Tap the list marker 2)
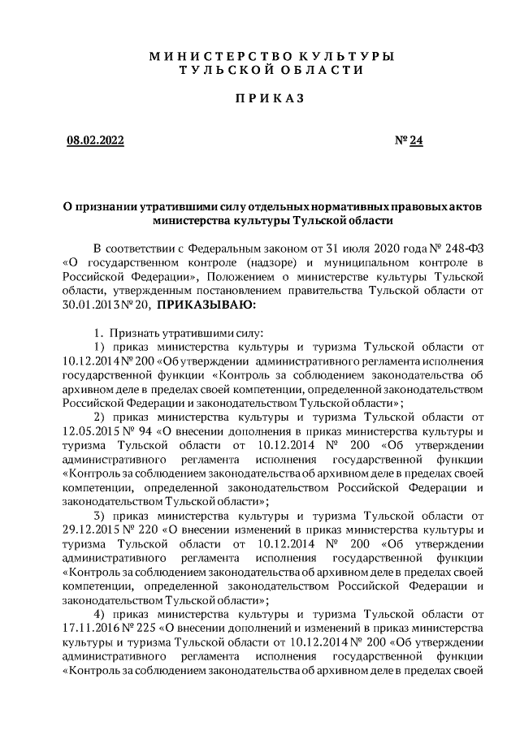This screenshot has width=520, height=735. pyautogui.click(x=102, y=417)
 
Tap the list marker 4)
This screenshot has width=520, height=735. pyautogui.click(x=102, y=614)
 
